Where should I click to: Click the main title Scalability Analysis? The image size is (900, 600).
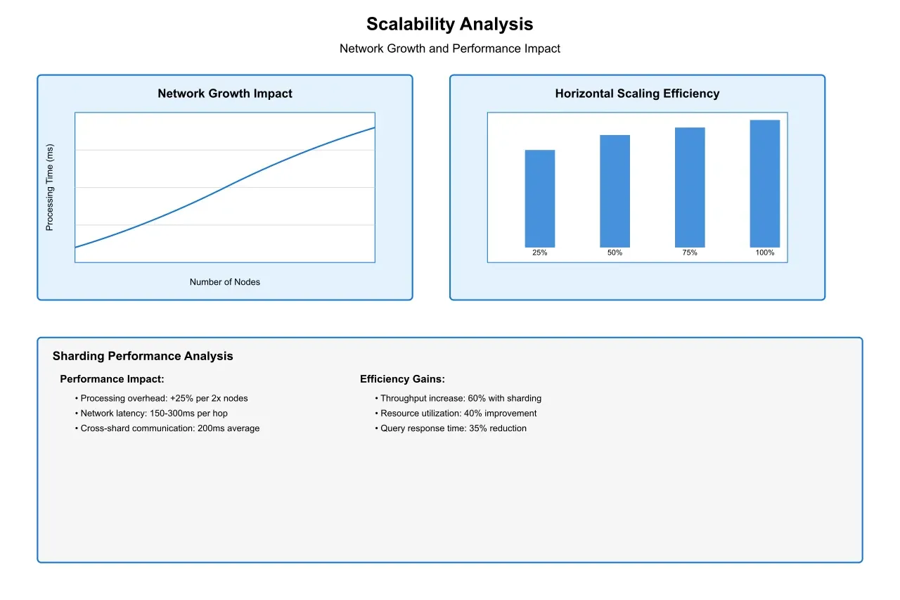449,24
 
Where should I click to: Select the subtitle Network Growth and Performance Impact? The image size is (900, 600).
449,49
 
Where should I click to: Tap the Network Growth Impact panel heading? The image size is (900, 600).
225,94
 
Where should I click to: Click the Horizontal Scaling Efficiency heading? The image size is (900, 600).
637,94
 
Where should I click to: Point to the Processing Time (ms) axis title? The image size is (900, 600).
49,188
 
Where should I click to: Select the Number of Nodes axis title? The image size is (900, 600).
225,282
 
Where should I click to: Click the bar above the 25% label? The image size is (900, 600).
540,198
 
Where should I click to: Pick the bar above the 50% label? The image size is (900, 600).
615,191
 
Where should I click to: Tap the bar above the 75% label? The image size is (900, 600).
690,187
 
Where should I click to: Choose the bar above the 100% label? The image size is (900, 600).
765,184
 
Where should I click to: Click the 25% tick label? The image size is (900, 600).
540,253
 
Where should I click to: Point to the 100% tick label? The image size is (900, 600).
765,253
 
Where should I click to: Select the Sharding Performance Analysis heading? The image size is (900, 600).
143,356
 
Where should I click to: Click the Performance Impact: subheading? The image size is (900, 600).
112,379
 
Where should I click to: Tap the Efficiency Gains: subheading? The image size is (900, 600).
402,379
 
